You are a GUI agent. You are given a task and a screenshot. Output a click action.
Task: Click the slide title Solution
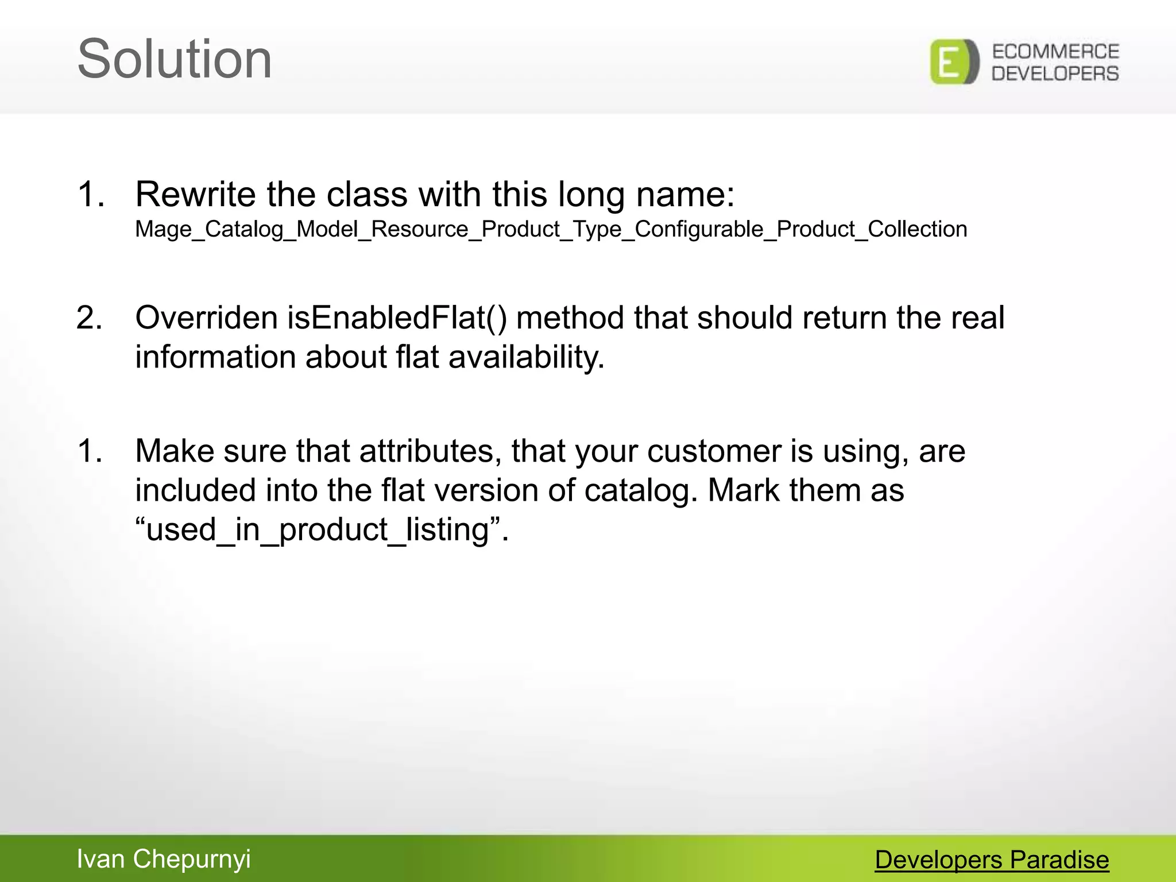[175, 59]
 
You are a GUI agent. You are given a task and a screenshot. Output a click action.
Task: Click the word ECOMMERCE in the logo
[1055, 52]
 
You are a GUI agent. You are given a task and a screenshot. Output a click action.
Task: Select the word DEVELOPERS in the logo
[1055, 73]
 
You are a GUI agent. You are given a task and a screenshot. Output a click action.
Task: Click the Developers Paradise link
[992, 860]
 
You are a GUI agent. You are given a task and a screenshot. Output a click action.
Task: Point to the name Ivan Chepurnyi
[164, 859]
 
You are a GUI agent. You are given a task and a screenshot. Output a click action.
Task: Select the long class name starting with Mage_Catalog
[551, 229]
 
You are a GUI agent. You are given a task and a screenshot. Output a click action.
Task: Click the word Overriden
[206, 318]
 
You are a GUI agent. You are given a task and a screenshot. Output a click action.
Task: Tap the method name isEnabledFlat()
[397, 318]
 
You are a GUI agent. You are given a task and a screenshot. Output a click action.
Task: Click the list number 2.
[89, 318]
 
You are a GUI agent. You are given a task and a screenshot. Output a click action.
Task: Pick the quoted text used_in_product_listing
[321, 529]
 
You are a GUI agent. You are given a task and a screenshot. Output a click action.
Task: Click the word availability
[526, 357]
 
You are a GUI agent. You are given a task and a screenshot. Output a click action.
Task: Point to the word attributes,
[431, 451]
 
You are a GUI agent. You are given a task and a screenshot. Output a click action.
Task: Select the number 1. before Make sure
[90, 451]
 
